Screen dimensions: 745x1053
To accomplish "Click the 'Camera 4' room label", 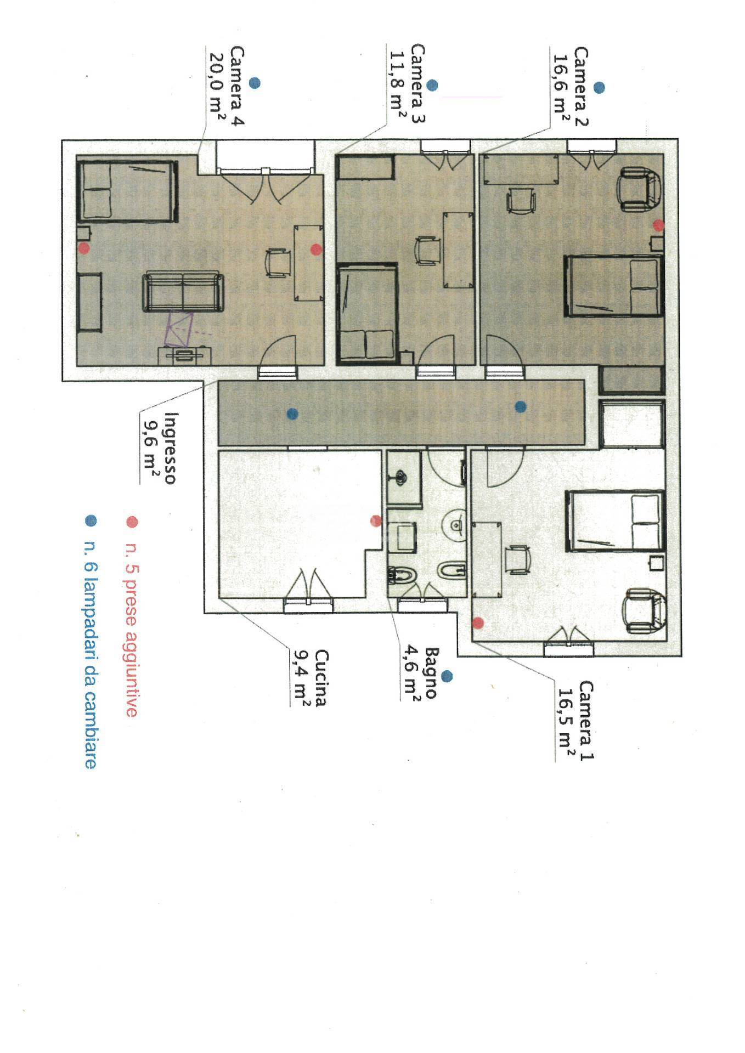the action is tap(237, 87).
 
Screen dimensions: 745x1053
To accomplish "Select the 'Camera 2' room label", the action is tap(581, 87).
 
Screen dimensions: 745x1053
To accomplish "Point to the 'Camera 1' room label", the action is tap(586, 720).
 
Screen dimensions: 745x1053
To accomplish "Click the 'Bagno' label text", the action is tap(430, 673).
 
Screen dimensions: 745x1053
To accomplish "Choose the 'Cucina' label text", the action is tap(321, 678).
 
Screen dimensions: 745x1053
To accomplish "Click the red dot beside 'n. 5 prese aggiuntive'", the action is tap(132, 522).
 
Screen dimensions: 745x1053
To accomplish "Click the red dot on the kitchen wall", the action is tap(376, 520).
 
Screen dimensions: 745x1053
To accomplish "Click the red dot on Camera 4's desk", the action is tap(315, 250).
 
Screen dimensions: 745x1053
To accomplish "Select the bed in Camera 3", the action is tap(366, 313).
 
